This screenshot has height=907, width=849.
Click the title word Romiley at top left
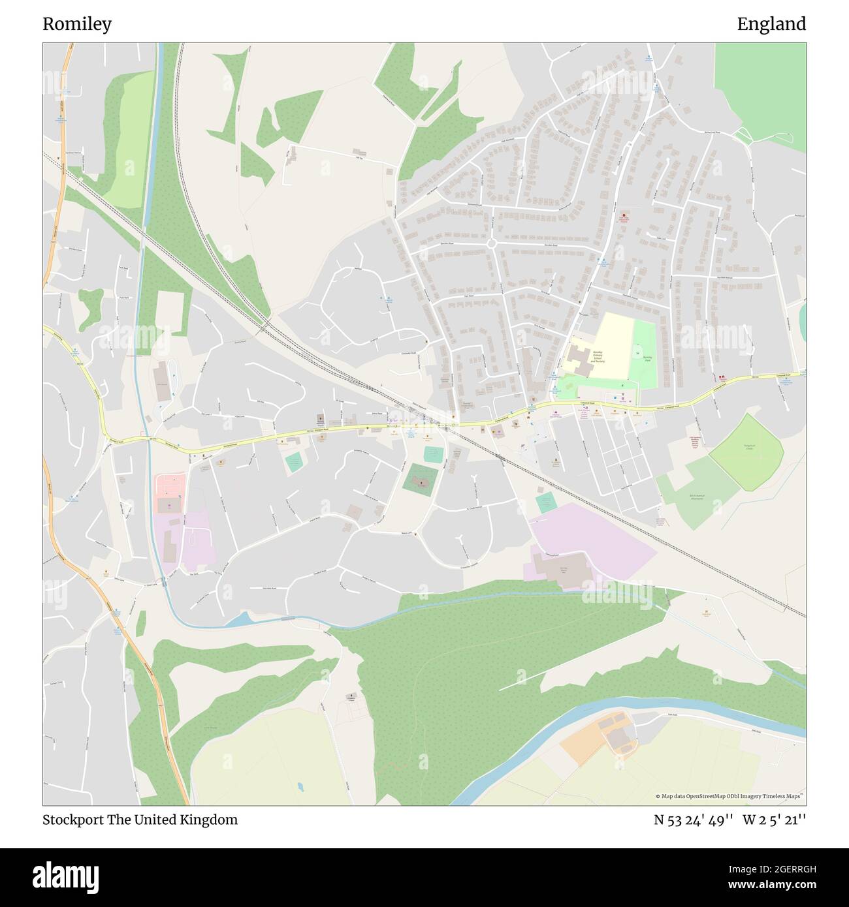click(77, 24)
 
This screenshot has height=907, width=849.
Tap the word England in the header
click(771, 24)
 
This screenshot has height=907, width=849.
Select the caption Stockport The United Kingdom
click(140, 820)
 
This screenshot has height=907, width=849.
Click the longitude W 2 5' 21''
click(774, 820)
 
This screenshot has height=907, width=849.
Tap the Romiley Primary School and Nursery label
click(598, 356)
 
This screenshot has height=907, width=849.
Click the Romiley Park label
click(648, 358)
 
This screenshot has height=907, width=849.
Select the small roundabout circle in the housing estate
click(492, 243)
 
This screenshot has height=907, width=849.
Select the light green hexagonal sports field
click(747, 449)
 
